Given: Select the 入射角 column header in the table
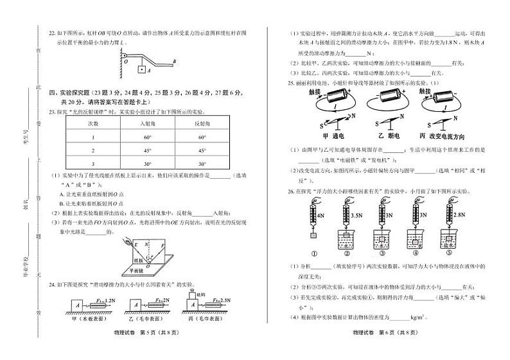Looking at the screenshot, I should (x=147, y=122).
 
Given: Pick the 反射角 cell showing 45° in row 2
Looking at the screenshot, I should (x=202, y=150).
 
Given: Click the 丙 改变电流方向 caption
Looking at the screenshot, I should (x=446, y=136).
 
